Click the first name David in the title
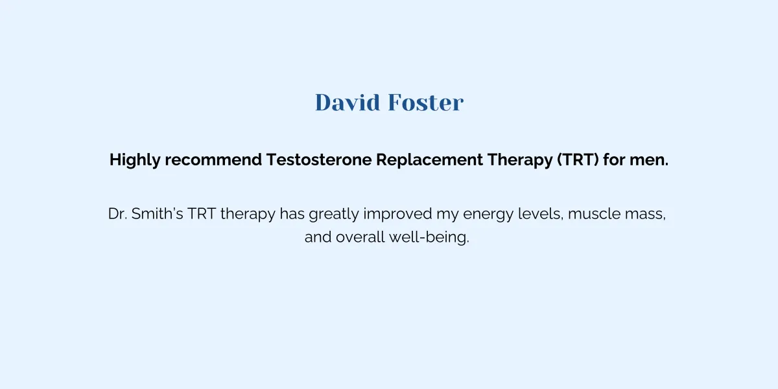(348, 102)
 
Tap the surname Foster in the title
(426, 102)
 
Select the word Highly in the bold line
(135, 160)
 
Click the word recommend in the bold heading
(213, 159)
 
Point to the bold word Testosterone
(319, 159)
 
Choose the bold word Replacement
(429, 160)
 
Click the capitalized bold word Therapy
(519, 160)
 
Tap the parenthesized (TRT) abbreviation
(578, 159)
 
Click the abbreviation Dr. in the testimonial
(117, 213)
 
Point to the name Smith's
(157, 213)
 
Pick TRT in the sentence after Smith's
(202, 213)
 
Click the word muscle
(595, 213)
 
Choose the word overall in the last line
(360, 237)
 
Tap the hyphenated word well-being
(429, 238)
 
